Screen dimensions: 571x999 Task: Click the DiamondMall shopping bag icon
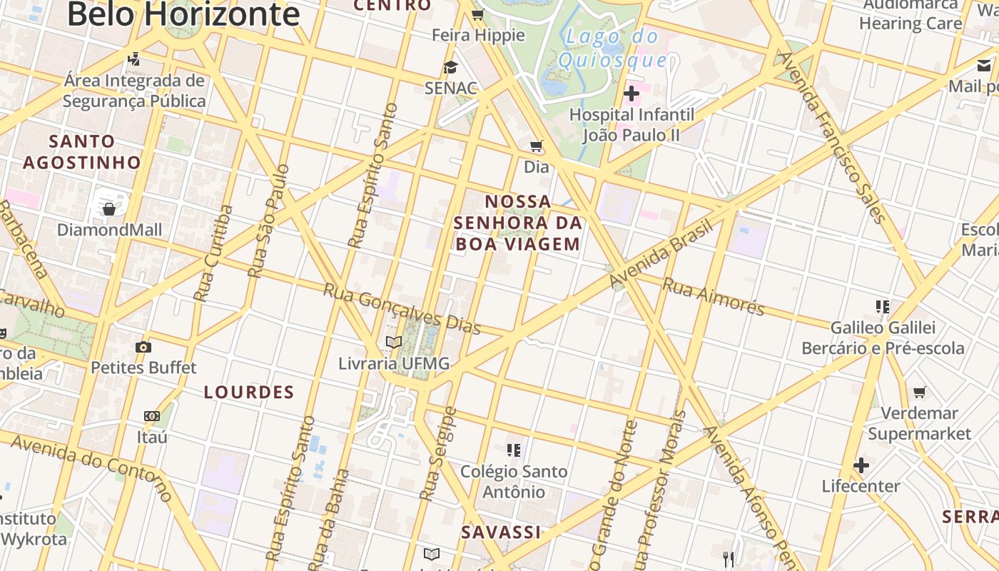tap(109, 208)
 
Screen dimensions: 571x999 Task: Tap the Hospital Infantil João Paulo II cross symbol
tap(632, 94)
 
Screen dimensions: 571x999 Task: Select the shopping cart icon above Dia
tap(537, 146)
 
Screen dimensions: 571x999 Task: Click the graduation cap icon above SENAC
tap(450, 67)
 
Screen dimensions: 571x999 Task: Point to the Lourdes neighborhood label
tap(249, 392)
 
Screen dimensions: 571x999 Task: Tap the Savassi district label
tap(501, 532)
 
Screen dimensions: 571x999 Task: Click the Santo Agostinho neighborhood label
tap(82, 151)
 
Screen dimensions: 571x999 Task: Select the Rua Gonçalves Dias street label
tap(402, 309)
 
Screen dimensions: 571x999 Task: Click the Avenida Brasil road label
tap(661, 255)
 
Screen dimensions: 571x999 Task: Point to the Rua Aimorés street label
tap(714, 296)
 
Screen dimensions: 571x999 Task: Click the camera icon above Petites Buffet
tap(143, 348)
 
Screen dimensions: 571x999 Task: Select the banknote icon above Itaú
tap(151, 416)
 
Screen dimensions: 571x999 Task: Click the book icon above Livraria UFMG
tap(394, 342)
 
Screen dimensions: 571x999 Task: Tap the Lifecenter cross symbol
tap(861, 466)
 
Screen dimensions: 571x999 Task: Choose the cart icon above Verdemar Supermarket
tap(920, 392)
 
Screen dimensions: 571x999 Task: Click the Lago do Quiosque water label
tap(612, 48)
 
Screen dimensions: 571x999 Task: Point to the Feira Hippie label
tap(478, 35)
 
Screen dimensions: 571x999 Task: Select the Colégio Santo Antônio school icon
tap(514, 450)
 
